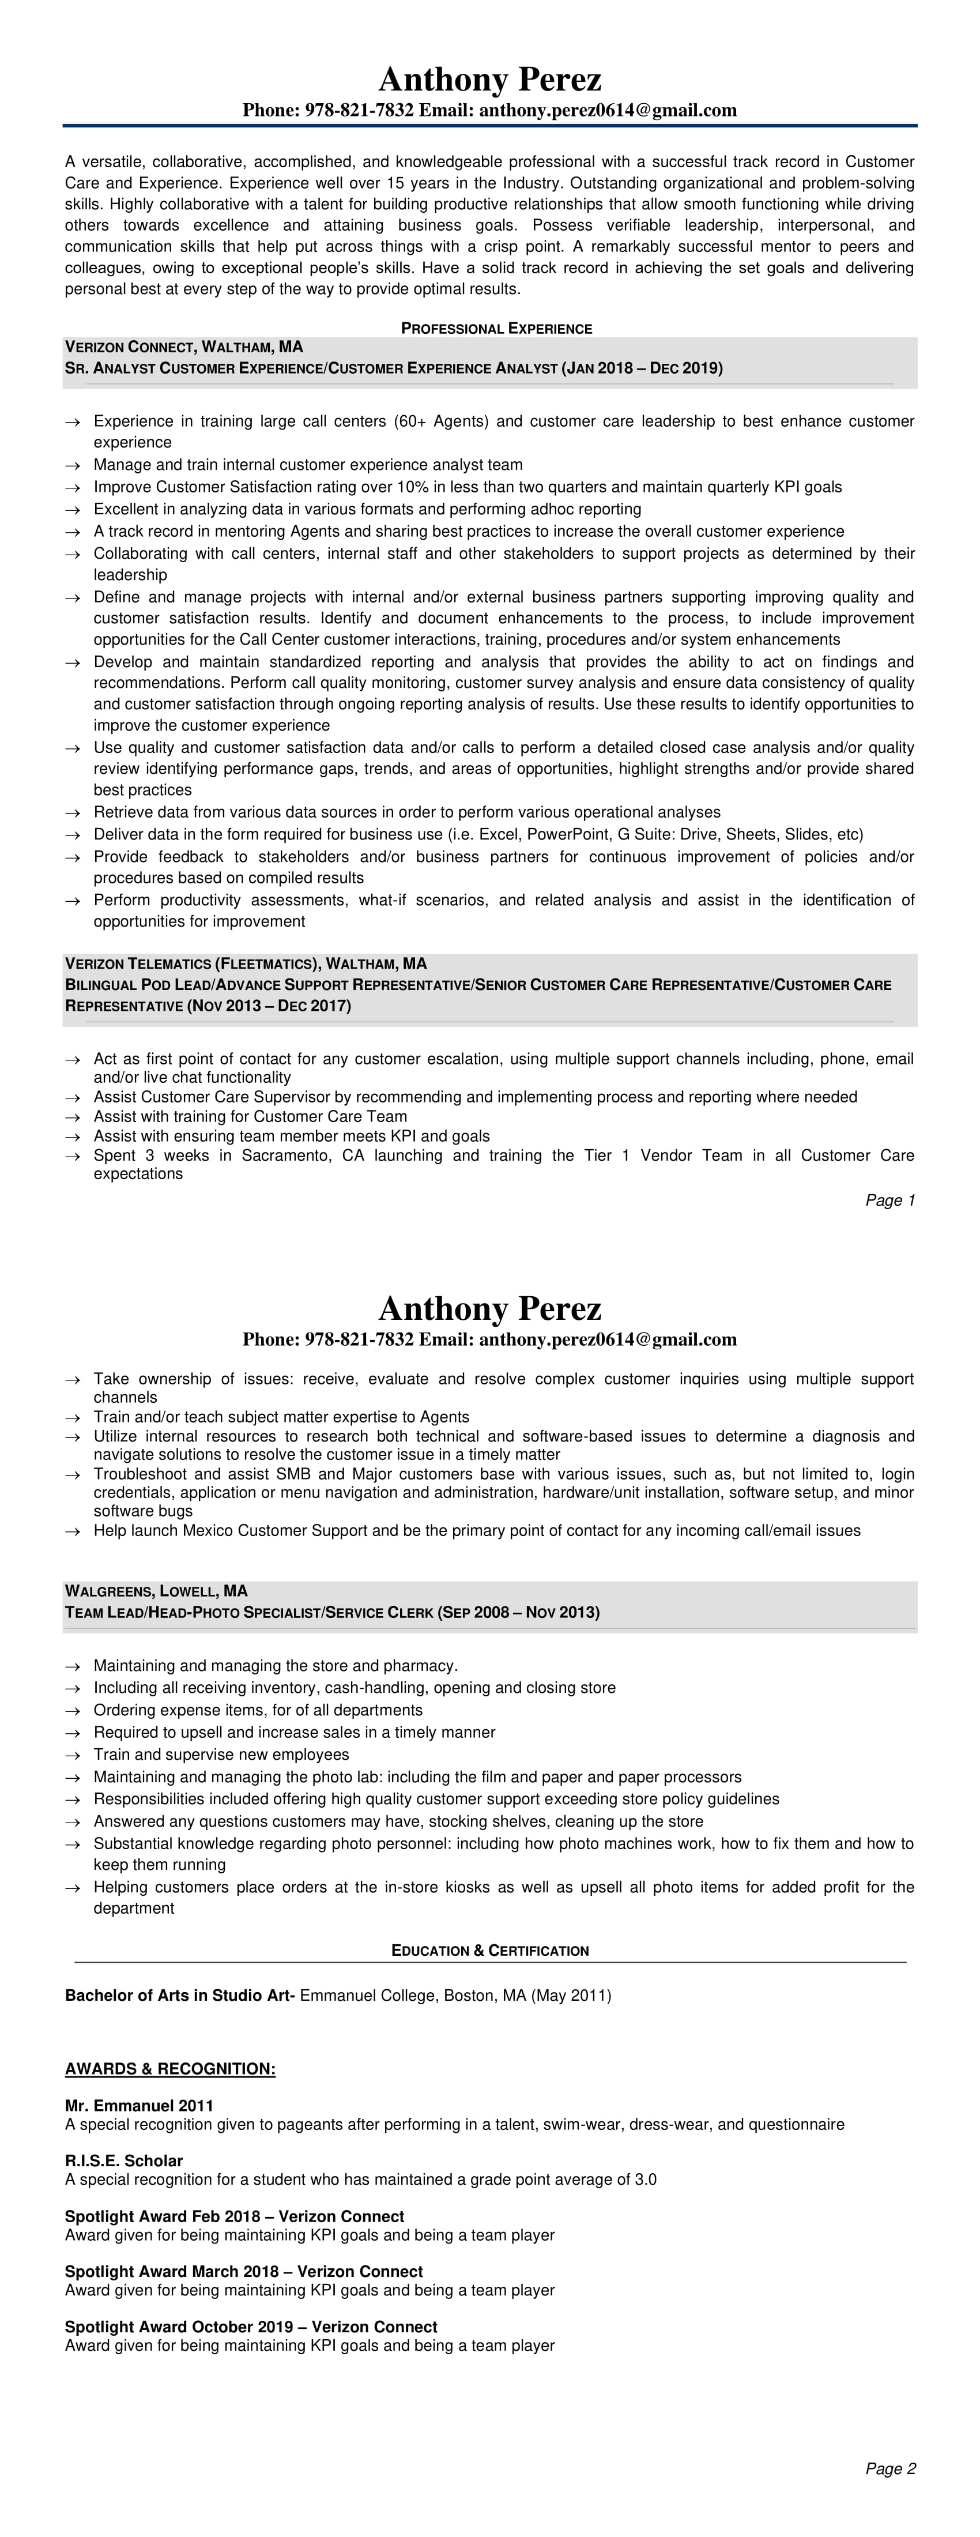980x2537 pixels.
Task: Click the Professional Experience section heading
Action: [496, 328]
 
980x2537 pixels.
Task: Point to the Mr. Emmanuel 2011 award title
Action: [139, 2106]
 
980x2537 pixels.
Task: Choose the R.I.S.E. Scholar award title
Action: [124, 2161]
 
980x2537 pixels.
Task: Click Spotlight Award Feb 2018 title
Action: [235, 2216]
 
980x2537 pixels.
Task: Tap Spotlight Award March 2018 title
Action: [243, 2271]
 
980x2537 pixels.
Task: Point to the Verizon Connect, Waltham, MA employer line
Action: [184, 347]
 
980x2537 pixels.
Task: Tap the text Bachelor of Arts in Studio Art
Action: [179, 1996]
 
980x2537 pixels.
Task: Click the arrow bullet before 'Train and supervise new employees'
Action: [72, 1755]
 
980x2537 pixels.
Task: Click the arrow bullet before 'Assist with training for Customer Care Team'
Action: [72, 1117]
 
